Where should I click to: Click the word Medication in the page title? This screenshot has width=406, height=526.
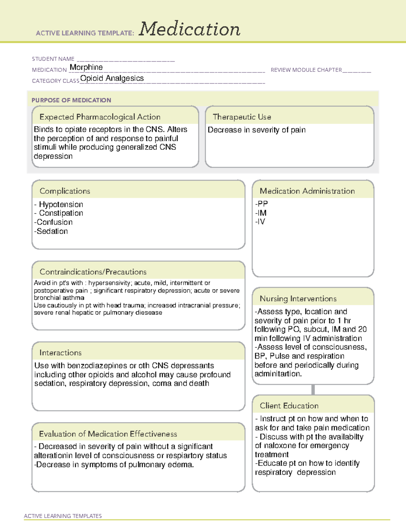[x=189, y=29]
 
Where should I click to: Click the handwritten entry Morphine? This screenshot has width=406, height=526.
[x=86, y=67]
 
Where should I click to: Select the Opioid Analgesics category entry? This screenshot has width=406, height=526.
[x=112, y=78]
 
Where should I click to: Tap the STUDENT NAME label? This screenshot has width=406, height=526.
[x=53, y=59]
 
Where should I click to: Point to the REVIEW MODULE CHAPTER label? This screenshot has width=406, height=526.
[x=306, y=70]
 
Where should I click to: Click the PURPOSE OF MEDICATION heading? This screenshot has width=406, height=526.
[x=71, y=100]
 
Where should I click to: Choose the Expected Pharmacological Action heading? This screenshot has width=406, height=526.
[x=100, y=117]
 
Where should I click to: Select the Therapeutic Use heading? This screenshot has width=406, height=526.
[x=242, y=117]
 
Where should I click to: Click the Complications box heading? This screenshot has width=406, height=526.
[x=65, y=191]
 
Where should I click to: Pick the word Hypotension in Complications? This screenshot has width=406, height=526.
[x=61, y=205]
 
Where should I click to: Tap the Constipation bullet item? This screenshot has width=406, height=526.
[x=61, y=213]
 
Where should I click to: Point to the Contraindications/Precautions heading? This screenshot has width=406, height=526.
[x=93, y=272]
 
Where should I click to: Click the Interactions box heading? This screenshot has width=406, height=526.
[x=60, y=353]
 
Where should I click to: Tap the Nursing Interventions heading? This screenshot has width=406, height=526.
[x=298, y=299]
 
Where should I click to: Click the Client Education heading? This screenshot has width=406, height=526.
[x=289, y=406]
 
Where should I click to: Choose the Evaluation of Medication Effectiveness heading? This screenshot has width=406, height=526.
[x=108, y=434]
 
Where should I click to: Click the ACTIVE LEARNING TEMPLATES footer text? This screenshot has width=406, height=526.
[x=63, y=516]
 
